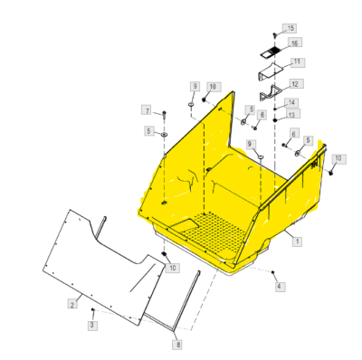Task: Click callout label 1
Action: pos(298,242)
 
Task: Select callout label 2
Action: pos(72,305)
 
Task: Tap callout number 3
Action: pos(92,325)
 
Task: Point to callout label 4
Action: pos(279,286)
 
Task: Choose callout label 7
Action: pos(148,111)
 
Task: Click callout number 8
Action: pos(178,345)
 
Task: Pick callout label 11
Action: pos(297,62)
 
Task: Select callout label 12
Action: pos(295,84)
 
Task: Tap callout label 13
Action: pos(291,114)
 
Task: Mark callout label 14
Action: pos(291,103)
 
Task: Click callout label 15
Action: pos(290,28)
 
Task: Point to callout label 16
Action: pos(295,43)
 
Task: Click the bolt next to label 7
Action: pos(164,114)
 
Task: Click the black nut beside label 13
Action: pos(275,120)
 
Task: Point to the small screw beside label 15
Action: pos(275,34)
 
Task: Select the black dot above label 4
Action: pos(272,272)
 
